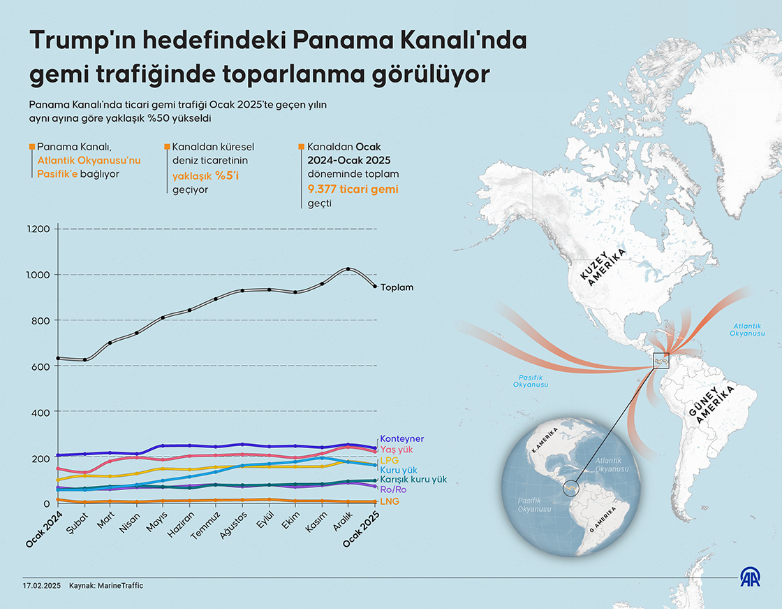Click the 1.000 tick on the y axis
[39, 275]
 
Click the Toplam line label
[397, 287]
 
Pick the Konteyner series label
[401, 439]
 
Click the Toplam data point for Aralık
[348, 269]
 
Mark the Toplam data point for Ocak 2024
[58, 358]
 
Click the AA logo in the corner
[750, 577]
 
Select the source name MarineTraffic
[120, 585]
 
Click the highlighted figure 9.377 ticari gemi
[353, 189]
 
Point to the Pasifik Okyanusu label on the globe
[531, 505]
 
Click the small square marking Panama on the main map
[661, 361]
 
